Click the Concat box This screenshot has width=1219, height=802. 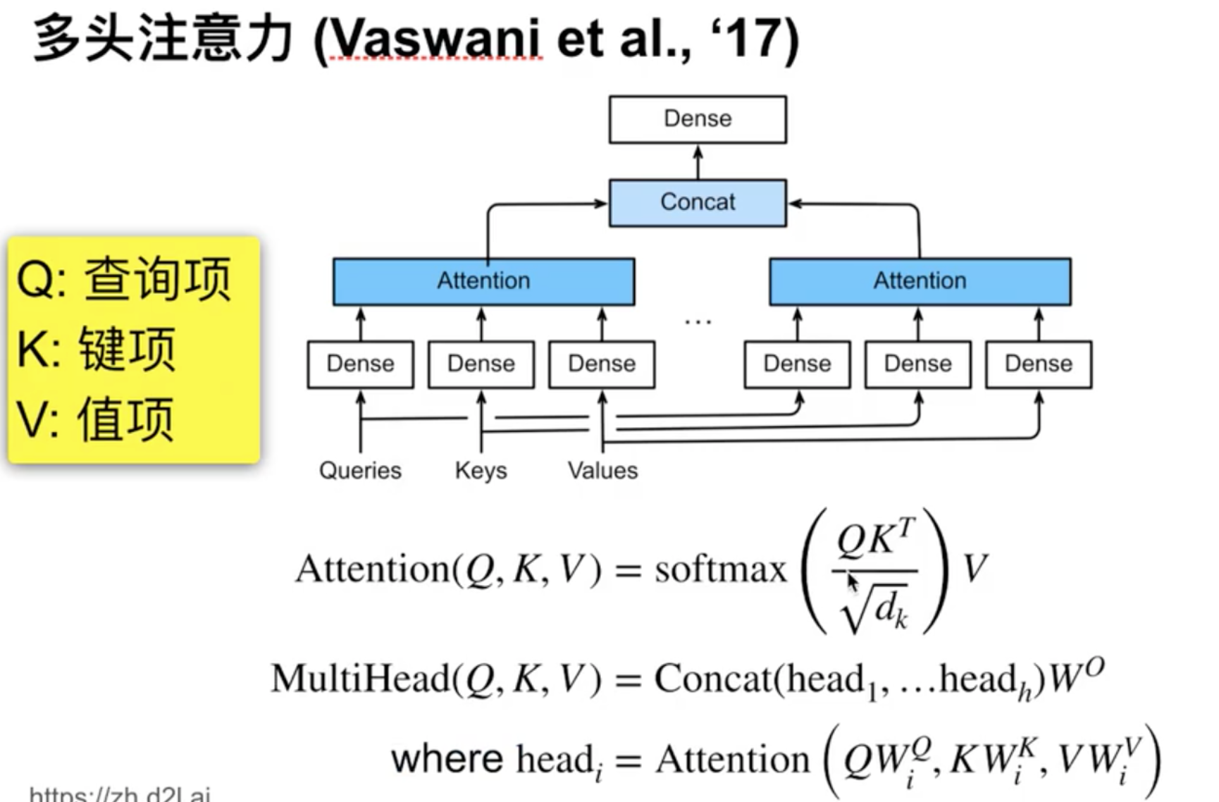click(x=698, y=203)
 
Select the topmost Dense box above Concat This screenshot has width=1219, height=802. click(x=698, y=119)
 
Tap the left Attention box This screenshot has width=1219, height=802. click(x=483, y=281)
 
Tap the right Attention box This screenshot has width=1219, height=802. click(x=920, y=281)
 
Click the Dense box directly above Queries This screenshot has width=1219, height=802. click(x=360, y=364)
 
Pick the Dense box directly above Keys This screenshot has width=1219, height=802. click(x=481, y=364)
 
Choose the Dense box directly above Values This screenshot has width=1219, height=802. click(x=602, y=364)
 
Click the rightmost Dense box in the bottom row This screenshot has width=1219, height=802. click(x=1038, y=364)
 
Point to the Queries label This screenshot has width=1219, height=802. click(x=360, y=470)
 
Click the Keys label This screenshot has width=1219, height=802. click(x=481, y=470)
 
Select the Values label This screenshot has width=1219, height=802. click(x=602, y=470)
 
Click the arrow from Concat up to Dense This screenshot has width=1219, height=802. click(x=698, y=162)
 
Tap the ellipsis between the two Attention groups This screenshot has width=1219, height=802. click(x=698, y=321)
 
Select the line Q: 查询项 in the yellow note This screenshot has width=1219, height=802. click(x=124, y=279)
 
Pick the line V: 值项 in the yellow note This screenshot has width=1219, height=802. click(x=95, y=419)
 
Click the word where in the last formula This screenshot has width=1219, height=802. click(x=447, y=759)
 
